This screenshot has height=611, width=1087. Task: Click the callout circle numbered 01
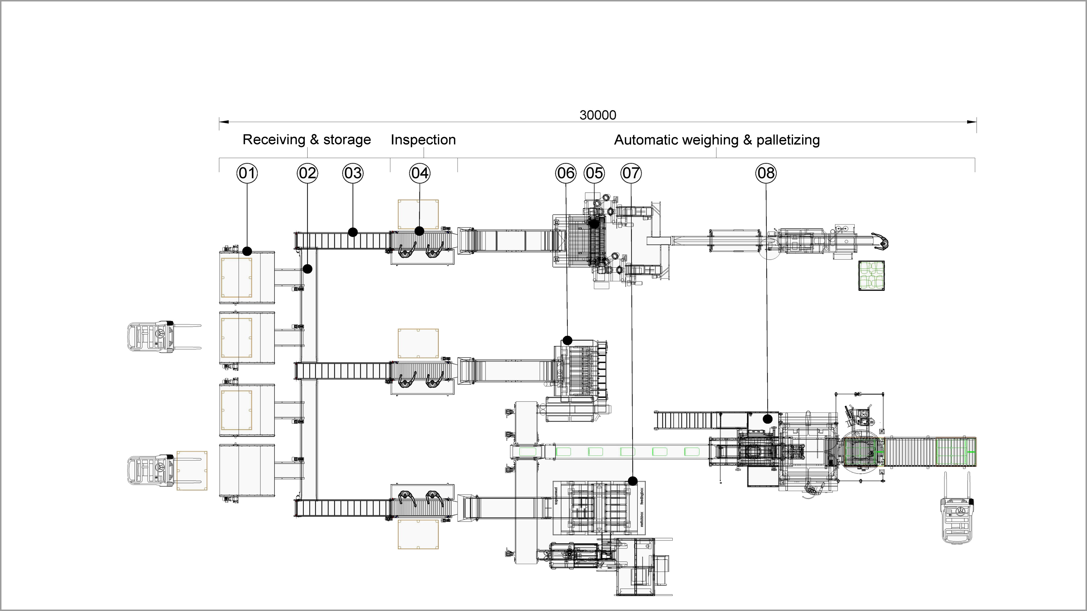coord(247,173)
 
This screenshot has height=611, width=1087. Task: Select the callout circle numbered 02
coord(307,173)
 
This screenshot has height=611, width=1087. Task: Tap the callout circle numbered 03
coord(353,173)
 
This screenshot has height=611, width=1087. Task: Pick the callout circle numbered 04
coord(420,173)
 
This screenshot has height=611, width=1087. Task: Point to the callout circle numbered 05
coord(594,173)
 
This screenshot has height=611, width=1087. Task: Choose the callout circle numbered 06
coord(566,173)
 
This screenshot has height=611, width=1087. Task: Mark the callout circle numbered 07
coord(631,173)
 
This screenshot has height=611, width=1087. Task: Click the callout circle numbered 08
coord(766,173)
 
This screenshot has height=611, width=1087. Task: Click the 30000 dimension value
coord(598,115)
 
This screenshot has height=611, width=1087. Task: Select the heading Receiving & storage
coord(307,139)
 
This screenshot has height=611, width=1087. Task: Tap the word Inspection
coord(423,139)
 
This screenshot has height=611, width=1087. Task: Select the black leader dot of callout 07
coord(633,481)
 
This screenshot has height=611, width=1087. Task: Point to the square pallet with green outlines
coord(871,275)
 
